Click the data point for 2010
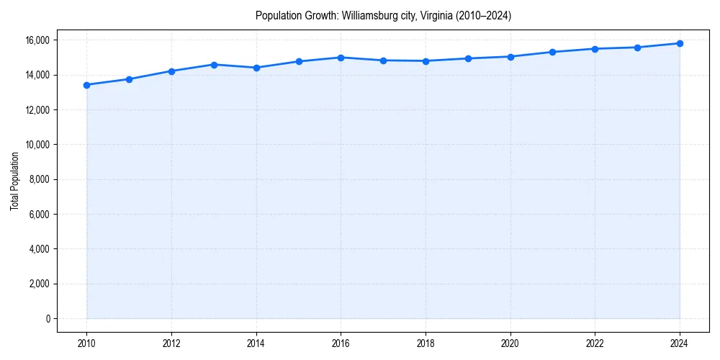pyautogui.click(x=86, y=85)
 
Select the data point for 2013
pyautogui.click(x=214, y=65)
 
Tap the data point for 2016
pyautogui.click(x=341, y=58)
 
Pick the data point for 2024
pyautogui.click(x=680, y=43)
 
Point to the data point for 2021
pyautogui.click(x=552, y=52)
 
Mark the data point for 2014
pyautogui.click(x=256, y=68)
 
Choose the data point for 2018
pyautogui.click(x=426, y=61)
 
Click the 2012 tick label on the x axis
pyautogui.click(x=171, y=343)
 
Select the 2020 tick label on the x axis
pyautogui.click(x=510, y=343)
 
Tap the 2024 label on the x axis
pyautogui.click(x=680, y=343)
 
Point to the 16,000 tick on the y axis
pyautogui.click(x=38, y=40)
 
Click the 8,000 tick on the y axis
pyautogui.click(x=40, y=179)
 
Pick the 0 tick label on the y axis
pyautogui.click(x=48, y=318)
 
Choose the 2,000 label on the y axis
pyautogui.click(x=40, y=284)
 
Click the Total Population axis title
pyautogui.click(x=14, y=181)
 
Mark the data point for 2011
pyautogui.click(x=129, y=79)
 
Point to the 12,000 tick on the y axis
pyautogui.click(x=38, y=110)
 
